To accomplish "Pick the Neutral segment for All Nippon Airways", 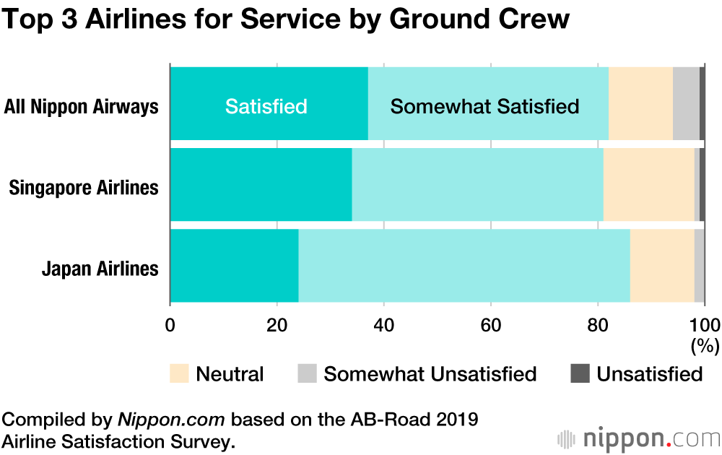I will coord(640,103).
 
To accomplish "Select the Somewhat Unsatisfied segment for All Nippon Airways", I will coord(686,103).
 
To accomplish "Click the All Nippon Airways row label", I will coord(81,107).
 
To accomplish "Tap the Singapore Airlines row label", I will coord(84,188).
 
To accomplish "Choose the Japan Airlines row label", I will coord(100,269).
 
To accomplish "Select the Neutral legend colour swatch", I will coord(179,374).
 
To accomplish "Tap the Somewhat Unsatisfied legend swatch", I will coord(306,374).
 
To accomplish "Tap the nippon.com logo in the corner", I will coord(639,438).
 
